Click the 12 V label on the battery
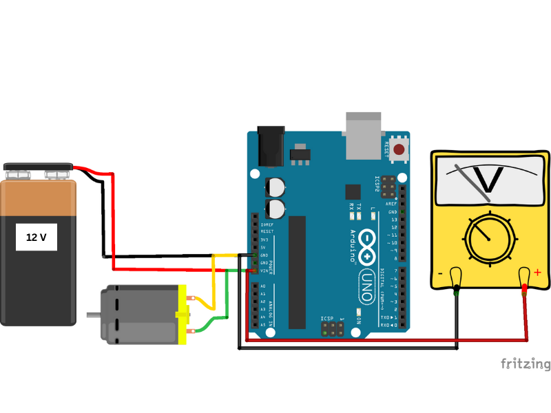(37, 237)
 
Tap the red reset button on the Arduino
(399, 148)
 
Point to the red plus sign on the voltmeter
(537, 273)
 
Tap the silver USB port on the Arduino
(363, 134)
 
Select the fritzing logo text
(525, 363)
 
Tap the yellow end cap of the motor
(183, 315)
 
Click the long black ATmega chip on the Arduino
(297, 272)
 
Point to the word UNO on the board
(367, 286)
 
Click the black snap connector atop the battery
(38, 167)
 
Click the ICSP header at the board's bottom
(333, 328)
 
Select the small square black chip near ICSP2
(353, 191)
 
